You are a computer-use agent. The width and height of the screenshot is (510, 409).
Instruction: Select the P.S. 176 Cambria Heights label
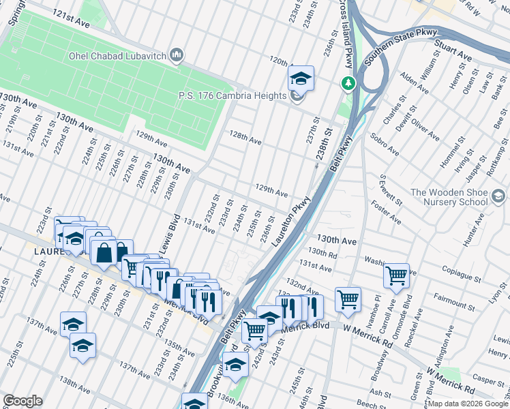pos(232,96)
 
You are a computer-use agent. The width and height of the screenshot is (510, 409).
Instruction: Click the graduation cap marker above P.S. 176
pos(300,78)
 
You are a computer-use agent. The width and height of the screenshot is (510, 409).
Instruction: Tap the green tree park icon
pos(348,83)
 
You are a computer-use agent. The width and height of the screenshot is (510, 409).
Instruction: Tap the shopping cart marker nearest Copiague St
pos(395,276)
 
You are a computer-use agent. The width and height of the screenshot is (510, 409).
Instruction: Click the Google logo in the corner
pos(22,401)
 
